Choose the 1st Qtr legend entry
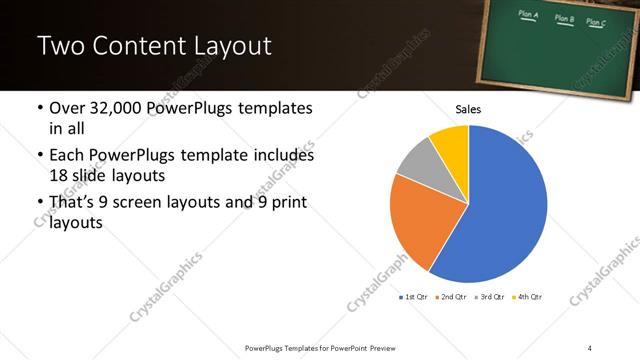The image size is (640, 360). tap(415, 297)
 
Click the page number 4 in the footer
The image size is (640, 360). tap(590, 347)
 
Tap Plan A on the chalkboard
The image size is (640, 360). tap(529, 16)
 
